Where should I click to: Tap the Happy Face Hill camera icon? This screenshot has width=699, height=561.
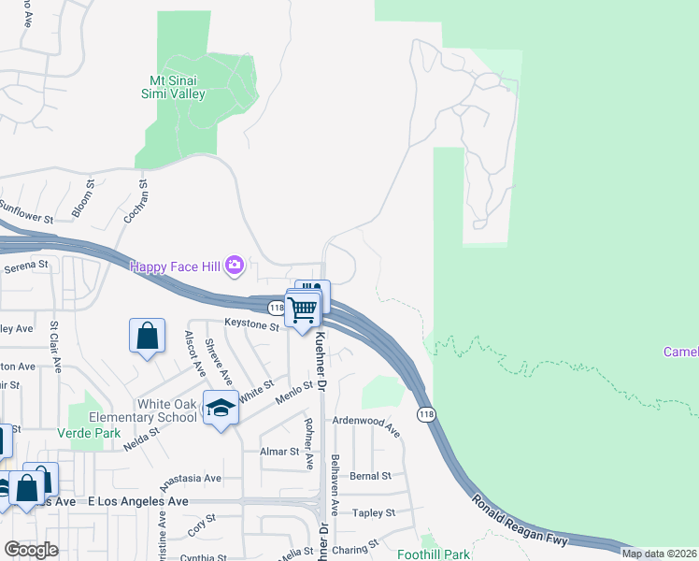tap(235, 267)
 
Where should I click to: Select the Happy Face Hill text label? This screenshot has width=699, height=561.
tap(175, 267)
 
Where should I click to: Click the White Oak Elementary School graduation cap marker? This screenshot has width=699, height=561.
tap(221, 408)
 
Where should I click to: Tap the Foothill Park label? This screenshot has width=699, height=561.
tap(433, 554)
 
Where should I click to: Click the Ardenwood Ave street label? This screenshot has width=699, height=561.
tap(366, 427)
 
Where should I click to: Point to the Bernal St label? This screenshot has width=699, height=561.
tap(370, 476)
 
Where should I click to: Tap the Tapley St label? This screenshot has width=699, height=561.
tap(374, 512)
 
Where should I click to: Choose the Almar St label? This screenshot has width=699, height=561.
tap(279, 451)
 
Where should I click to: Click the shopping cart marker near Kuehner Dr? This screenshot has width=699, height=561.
tap(303, 309)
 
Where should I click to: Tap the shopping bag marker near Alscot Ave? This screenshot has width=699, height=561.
tap(148, 336)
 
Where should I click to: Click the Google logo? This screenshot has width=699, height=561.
tap(31, 550)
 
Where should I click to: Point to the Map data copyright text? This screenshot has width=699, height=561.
tap(659, 554)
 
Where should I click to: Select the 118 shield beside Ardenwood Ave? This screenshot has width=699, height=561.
tap(426, 414)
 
